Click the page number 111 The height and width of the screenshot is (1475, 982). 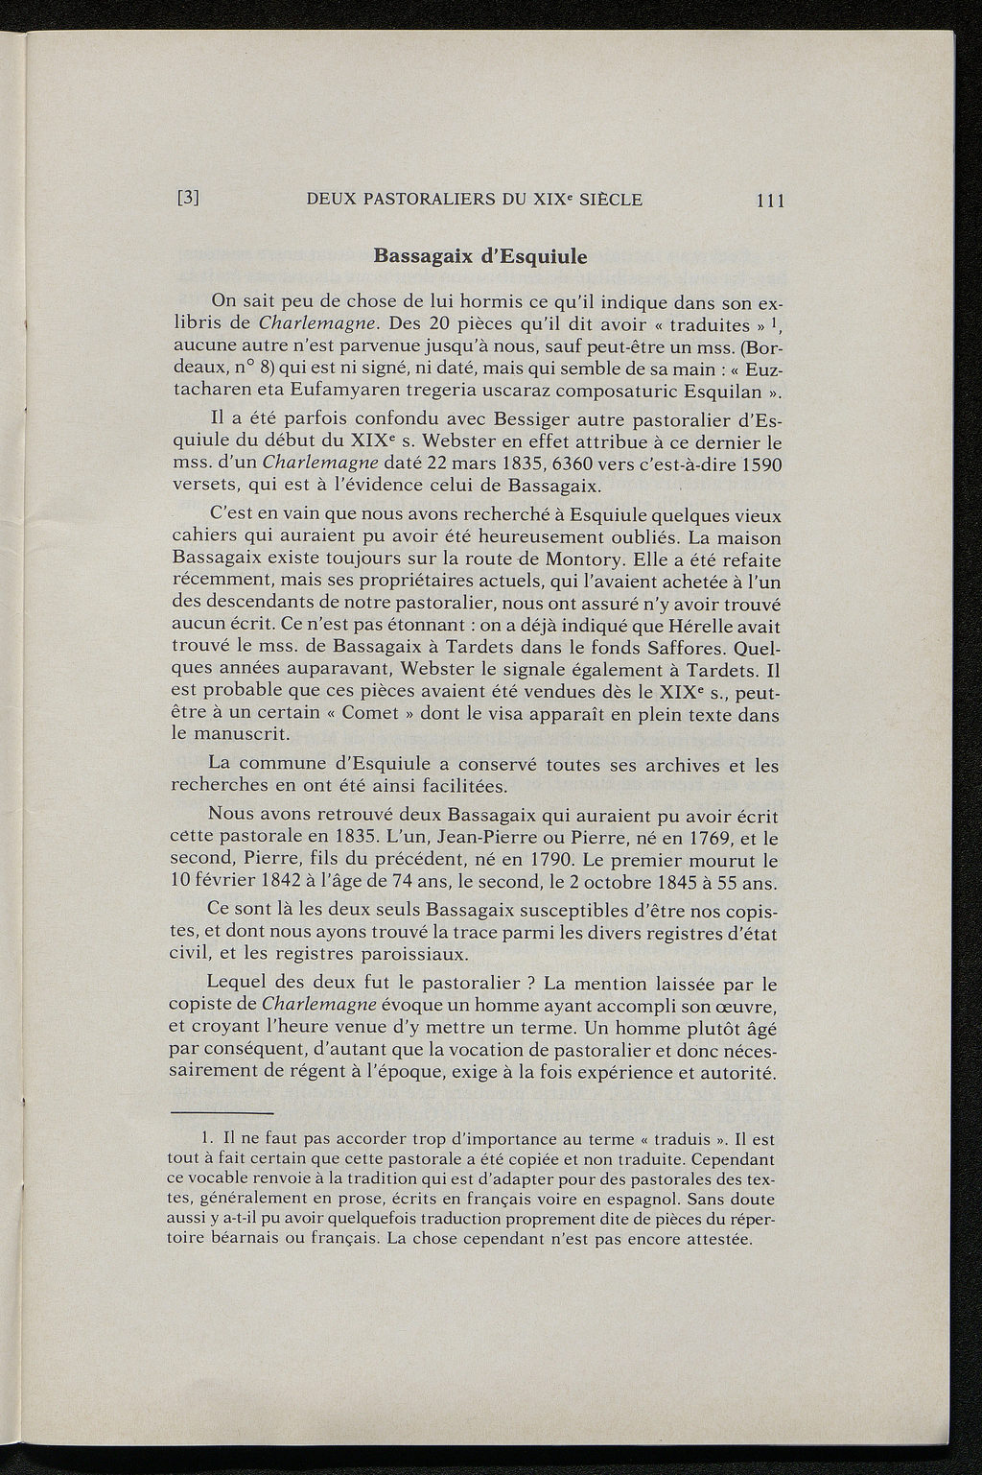[770, 201]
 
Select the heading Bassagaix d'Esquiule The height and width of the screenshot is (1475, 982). [479, 256]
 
